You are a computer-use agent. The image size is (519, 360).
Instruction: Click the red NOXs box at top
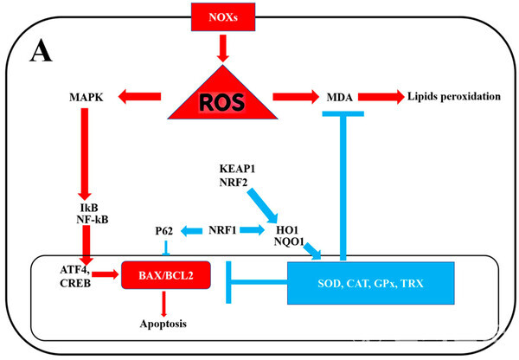click(x=224, y=15)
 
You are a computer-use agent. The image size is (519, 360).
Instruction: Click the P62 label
click(x=165, y=230)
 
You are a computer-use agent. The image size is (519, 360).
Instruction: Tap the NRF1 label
click(x=224, y=230)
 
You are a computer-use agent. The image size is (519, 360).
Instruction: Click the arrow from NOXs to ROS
click(x=224, y=45)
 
